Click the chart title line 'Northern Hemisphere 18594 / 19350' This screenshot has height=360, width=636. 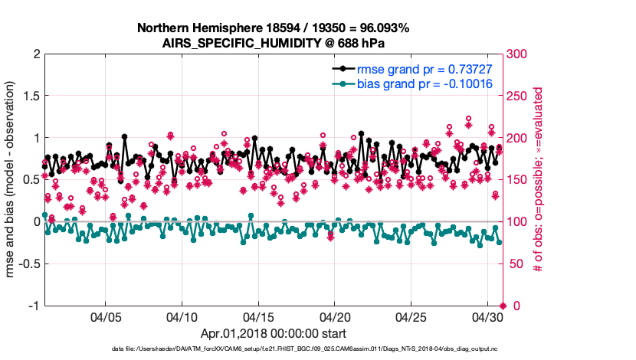tap(273, 28)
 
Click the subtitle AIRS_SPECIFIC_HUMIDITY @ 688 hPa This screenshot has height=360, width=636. tap(273, 43)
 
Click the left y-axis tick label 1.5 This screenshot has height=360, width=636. tap(31, 96)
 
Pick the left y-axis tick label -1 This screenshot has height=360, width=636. tap(33, 306)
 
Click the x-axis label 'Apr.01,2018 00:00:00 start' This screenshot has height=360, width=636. tap(273, 333)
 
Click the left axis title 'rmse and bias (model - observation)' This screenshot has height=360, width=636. tap(14, 180)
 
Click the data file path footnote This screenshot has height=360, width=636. tap(273, 349)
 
